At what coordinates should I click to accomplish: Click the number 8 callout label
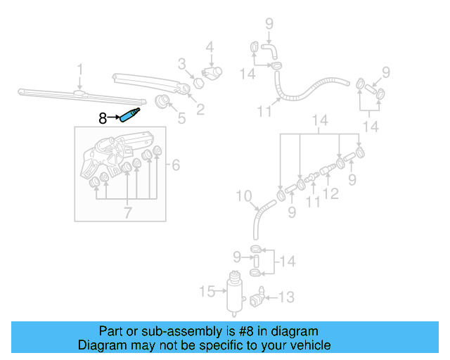coord(103,119)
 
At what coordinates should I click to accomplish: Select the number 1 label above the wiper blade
coord(80,70)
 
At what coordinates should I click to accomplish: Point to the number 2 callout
coord(200,109)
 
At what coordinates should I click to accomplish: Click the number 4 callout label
coord(209,48)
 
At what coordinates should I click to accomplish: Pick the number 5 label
coord(181,119)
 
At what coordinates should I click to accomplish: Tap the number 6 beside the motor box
coord(176,165)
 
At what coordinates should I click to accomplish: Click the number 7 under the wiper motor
coord(127,210)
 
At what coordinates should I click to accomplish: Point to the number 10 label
coord(243,195)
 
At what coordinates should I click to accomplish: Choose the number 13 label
coord(286,297)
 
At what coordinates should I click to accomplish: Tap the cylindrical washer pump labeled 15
coord(231,292)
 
